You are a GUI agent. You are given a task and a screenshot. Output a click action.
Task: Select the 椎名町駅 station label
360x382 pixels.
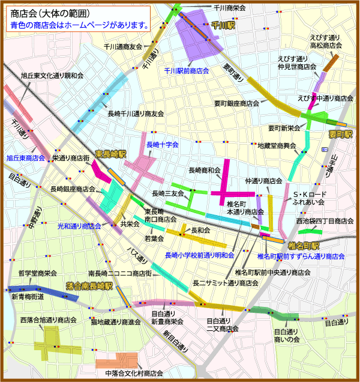pos(303,246)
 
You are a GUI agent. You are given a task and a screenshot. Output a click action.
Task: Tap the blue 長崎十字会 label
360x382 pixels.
pos(163,145)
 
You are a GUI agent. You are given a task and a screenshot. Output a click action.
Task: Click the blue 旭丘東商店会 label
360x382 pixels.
pos(26,158)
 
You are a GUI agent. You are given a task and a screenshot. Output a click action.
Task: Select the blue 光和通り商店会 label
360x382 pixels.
pos(79,226)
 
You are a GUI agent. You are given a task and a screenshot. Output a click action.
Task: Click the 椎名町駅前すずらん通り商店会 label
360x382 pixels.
pos(301,256)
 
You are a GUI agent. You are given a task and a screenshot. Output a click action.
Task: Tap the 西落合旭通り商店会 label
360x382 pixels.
pos(49,320)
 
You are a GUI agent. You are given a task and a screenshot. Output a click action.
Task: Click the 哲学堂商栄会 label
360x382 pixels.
pos(38,272)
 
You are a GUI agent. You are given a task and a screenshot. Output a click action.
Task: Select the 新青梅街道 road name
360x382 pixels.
pos(28,297)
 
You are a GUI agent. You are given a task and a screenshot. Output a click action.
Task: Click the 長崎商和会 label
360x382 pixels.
pos(205,171)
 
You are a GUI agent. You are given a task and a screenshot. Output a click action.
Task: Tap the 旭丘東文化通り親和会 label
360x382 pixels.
pos(52,76)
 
